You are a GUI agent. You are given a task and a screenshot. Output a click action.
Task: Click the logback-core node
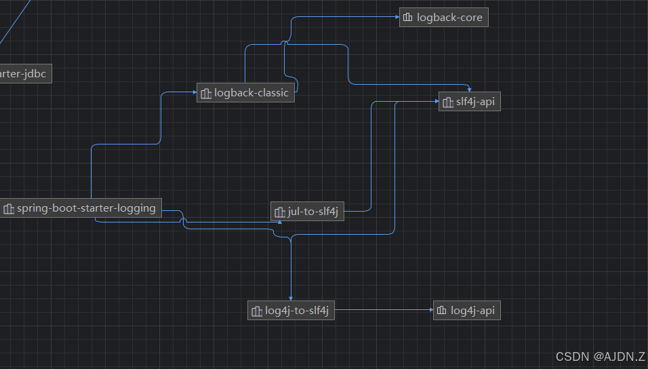tap(443, 18)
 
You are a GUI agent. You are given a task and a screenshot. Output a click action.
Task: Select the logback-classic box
tap(245, 93)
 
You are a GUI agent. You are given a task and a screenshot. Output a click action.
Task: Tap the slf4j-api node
tap(469, 102)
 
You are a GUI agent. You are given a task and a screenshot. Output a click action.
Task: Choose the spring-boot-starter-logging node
tap(80, 209)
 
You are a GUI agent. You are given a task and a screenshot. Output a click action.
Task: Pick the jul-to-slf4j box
tap(307, 212)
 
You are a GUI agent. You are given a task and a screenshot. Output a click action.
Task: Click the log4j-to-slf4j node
tap(291, 311)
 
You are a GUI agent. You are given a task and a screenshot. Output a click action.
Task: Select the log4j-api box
tap(466, 311)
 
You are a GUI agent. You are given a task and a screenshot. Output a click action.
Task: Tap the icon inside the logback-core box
tap(407, 18)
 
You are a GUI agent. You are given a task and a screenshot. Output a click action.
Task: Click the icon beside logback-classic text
tap(205, 94)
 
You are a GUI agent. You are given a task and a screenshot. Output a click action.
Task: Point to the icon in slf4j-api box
tap(447, 102)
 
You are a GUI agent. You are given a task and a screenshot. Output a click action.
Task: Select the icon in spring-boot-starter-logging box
tap(9, 209)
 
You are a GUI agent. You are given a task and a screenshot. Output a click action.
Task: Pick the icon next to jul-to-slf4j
tap(279, 212)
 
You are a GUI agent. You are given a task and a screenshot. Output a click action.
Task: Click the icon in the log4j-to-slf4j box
tap(256, 311)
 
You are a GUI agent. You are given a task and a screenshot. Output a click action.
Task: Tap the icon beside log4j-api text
tap(442, 311)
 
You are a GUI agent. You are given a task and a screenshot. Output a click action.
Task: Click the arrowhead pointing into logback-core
tap(397, 18)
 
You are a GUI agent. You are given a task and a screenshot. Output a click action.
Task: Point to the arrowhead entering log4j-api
tap(430, 311)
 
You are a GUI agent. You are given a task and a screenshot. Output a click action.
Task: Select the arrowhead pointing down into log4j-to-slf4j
tap(291, 298)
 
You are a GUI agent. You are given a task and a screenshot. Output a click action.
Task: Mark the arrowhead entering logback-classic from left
tap(194, 93)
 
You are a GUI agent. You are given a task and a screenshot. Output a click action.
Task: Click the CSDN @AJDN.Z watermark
tap(600, 356)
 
